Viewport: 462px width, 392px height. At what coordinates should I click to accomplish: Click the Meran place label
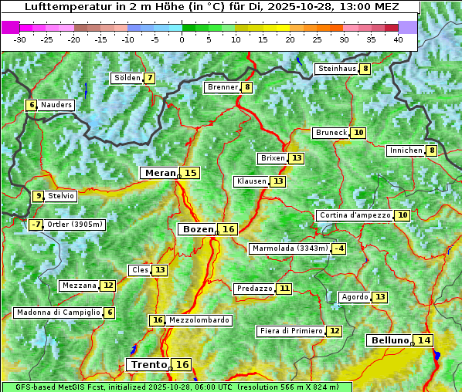(x=160, y=173)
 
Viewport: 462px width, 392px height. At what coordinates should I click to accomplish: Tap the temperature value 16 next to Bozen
(x=228, y=229)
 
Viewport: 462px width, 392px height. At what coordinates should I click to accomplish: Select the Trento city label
(x=148, y=364)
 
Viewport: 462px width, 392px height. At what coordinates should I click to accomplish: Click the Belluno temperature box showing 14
(x=423, y=340)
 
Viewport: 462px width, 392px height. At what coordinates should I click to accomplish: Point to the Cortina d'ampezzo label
(x=354, y=215)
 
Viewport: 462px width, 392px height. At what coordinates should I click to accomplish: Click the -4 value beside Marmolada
(x=338, y=248)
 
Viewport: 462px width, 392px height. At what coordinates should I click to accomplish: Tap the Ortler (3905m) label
(x=75, y=225)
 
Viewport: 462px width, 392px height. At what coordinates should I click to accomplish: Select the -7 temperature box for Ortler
(x=36, y=225)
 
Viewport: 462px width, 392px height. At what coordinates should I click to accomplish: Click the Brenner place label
(x=222, y=87)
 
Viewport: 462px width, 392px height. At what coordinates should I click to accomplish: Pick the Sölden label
(x=127, y=78)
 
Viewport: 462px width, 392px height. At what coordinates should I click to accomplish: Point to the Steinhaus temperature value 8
(x=365, y=69)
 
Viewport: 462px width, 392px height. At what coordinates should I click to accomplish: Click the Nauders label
(x=56, y=105)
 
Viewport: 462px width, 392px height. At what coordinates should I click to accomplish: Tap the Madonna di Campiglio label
(x=58, y=313)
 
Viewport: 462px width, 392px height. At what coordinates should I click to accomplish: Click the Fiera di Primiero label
(x=290, y=331)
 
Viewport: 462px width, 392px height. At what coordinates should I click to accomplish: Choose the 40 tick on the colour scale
(x=398, y=39)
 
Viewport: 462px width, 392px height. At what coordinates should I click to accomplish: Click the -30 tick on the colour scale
(x=20, y=39)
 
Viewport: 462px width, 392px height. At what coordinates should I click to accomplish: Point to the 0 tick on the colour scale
(x=182, y=39)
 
